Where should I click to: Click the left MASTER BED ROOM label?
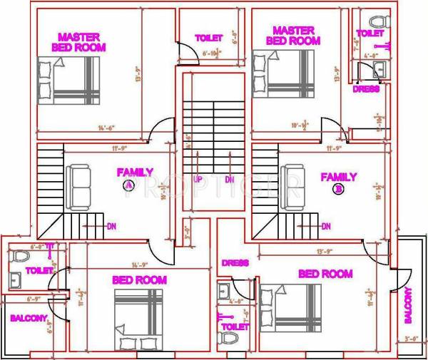pyautogui.click(x=79, y=42)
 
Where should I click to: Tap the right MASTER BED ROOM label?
pyautogui.click(x=293, y=36)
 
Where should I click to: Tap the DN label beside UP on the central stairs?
pyautogui.click(x=230, y=180)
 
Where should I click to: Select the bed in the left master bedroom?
pyautogui.click(x=69, y=81)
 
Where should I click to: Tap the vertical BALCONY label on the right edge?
pyautogui.click(x=409, y=305)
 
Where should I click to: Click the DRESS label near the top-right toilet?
pyautogui.click(x=366, y=89)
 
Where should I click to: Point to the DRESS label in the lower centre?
pyautogui.click(x=235, y=263)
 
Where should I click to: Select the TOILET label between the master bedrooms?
pyautogui.click(x=209, y=37)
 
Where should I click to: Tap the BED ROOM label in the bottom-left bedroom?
pyautogui.click(x=139, y=280)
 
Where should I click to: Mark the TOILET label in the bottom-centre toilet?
pyautogui.click(x=235, y=326)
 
